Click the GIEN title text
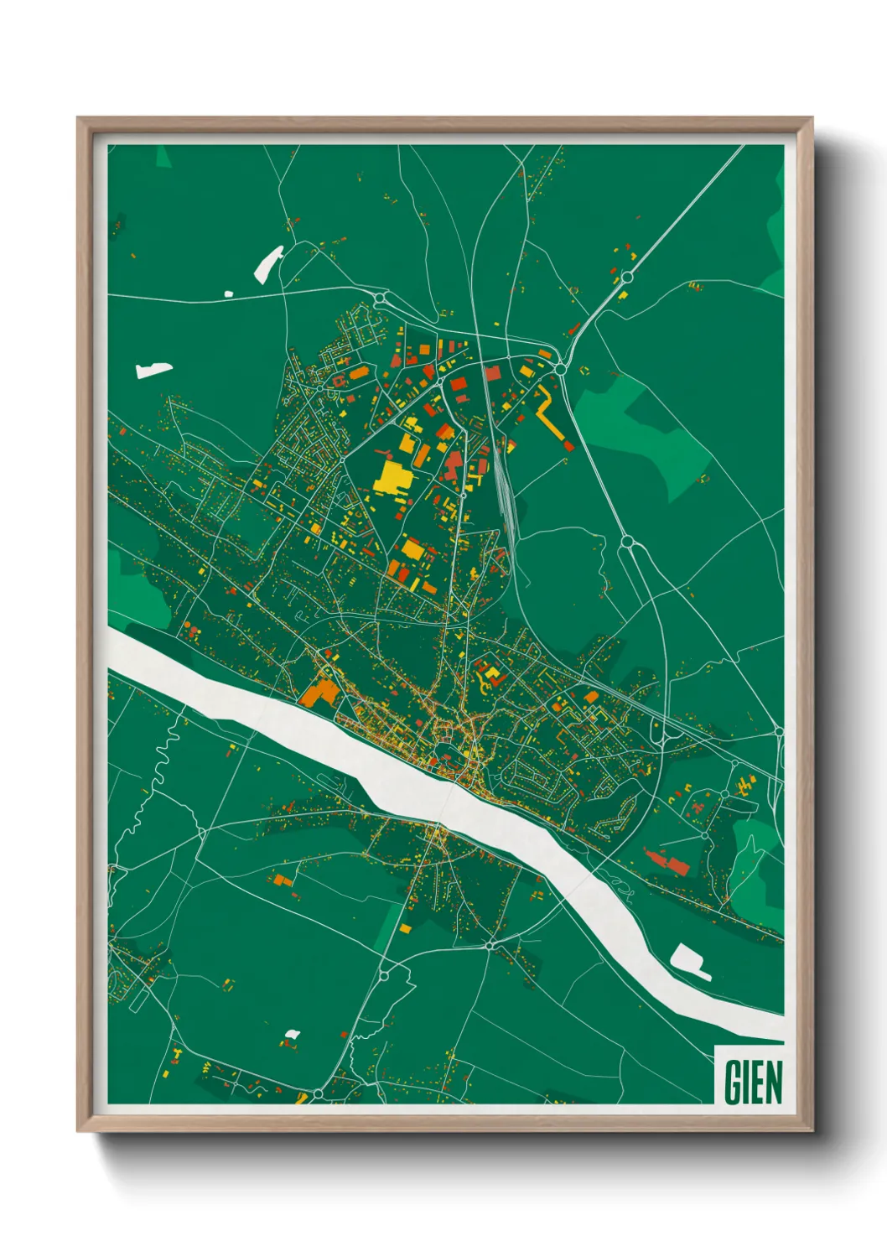click(752, 1082)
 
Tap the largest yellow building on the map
click(392, 476)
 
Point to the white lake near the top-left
click(268, 261)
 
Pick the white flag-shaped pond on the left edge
click(153, 370)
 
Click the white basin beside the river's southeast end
click(690, 961)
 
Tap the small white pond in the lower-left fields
click(292, 1034)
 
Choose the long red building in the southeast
click(667, 861)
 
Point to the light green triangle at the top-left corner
click(163, 157)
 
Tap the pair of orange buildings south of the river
click(283, 880)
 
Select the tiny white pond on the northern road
click(228, 293)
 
